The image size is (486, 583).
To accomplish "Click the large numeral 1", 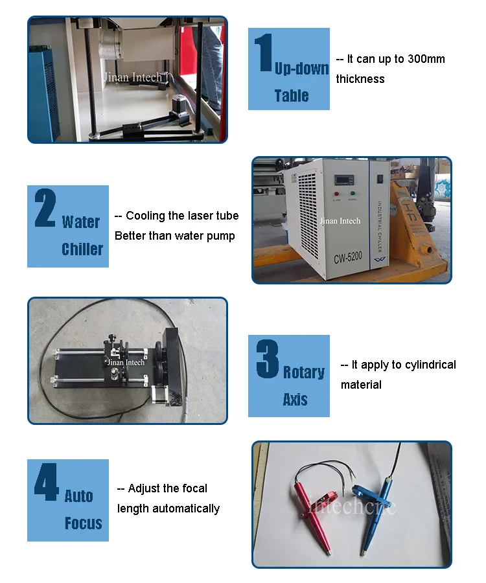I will [263, 54].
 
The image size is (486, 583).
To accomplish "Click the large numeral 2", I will [45, 208].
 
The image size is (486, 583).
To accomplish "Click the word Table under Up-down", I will [291, 96].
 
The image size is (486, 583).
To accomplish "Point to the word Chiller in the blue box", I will [82, 249].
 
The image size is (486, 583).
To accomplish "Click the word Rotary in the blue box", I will [303, 372].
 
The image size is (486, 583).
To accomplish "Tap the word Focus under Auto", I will [84, 523].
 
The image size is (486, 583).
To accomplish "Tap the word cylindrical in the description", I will [430, 365].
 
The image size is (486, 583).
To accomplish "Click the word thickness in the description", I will [360, 79].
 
